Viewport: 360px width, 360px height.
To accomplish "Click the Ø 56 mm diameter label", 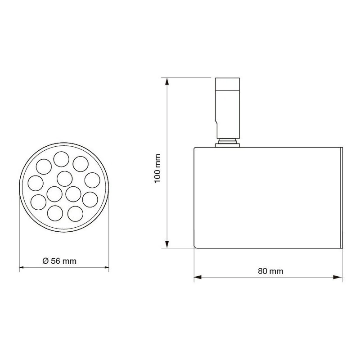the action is point(59,261).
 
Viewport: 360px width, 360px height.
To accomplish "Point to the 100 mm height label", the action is point(157,168).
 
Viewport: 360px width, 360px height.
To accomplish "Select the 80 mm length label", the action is point(270,271).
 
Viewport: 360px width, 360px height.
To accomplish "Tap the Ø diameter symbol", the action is point(46,261).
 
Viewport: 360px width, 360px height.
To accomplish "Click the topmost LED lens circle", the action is point(61,159).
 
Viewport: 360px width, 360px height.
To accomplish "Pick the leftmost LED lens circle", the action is point(36,183).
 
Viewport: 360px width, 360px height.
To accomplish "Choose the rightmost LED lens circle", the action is point(92,180).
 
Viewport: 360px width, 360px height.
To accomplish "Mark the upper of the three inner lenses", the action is point(64,179).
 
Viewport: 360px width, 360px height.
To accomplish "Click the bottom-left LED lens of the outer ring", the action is point(55,213).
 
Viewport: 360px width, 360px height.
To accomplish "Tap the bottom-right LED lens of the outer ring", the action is point(75,214).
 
